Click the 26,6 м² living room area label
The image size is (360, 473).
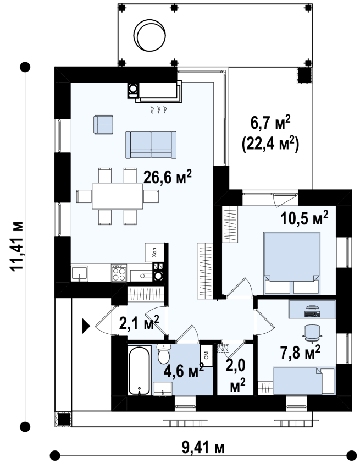click(x=167, y=177)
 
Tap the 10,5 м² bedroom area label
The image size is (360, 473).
click(x=304, y=218)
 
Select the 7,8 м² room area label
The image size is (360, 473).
click(x=300, y=352)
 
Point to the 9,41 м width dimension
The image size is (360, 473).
click(x=203, y=448)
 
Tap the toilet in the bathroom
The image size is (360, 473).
click(x=164, y=354)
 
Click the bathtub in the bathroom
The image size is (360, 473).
click(x=139, y=370)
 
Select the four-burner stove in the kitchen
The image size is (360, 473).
click(x=119, y=273)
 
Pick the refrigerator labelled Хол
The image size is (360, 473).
click(x=154, y=252)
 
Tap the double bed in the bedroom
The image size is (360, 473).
click(x=291, y=263)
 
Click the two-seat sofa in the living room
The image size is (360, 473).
click(x=151, y=145)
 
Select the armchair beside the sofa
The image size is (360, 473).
click(x=103, y=124)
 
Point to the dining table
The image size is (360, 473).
click(x=118, y=196)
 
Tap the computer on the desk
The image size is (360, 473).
click(x=312, y=311)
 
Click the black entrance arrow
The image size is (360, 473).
click(x=86, y=326)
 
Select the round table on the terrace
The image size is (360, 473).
click(x=150, y=35)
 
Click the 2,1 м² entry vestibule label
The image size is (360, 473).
click(x=139, y=323)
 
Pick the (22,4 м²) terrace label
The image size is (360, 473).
click(x=270, y=144)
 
